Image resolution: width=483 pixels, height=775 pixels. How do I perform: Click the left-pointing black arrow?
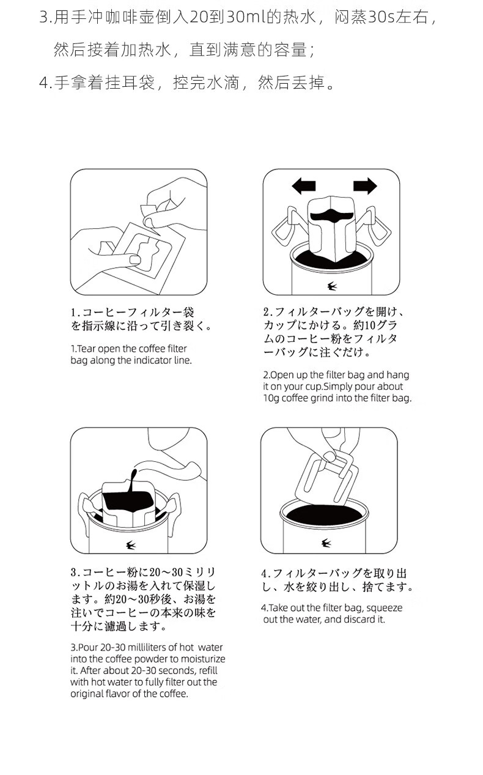point(304,186)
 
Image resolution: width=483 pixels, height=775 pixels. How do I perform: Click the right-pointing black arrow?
point(365,186)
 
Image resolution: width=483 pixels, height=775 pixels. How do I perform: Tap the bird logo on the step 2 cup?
point(332,286)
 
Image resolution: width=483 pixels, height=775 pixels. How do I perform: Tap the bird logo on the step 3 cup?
point(131,546)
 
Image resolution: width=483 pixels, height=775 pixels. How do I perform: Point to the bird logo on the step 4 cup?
point(326,543)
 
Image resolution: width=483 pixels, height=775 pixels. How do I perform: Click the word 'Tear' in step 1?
point(86,349)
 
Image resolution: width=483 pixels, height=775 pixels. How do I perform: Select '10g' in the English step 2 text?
point(271,398)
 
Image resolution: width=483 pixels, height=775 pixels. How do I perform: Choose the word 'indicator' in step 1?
point(153,360)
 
